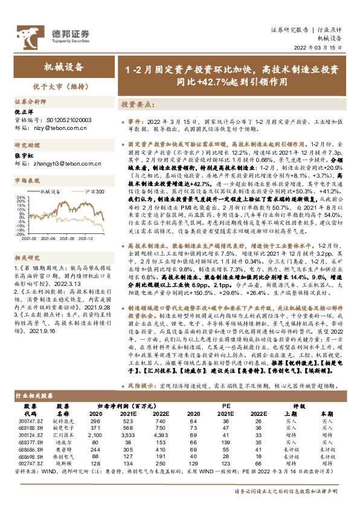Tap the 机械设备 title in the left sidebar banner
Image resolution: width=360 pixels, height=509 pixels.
[x=62, y=67]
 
